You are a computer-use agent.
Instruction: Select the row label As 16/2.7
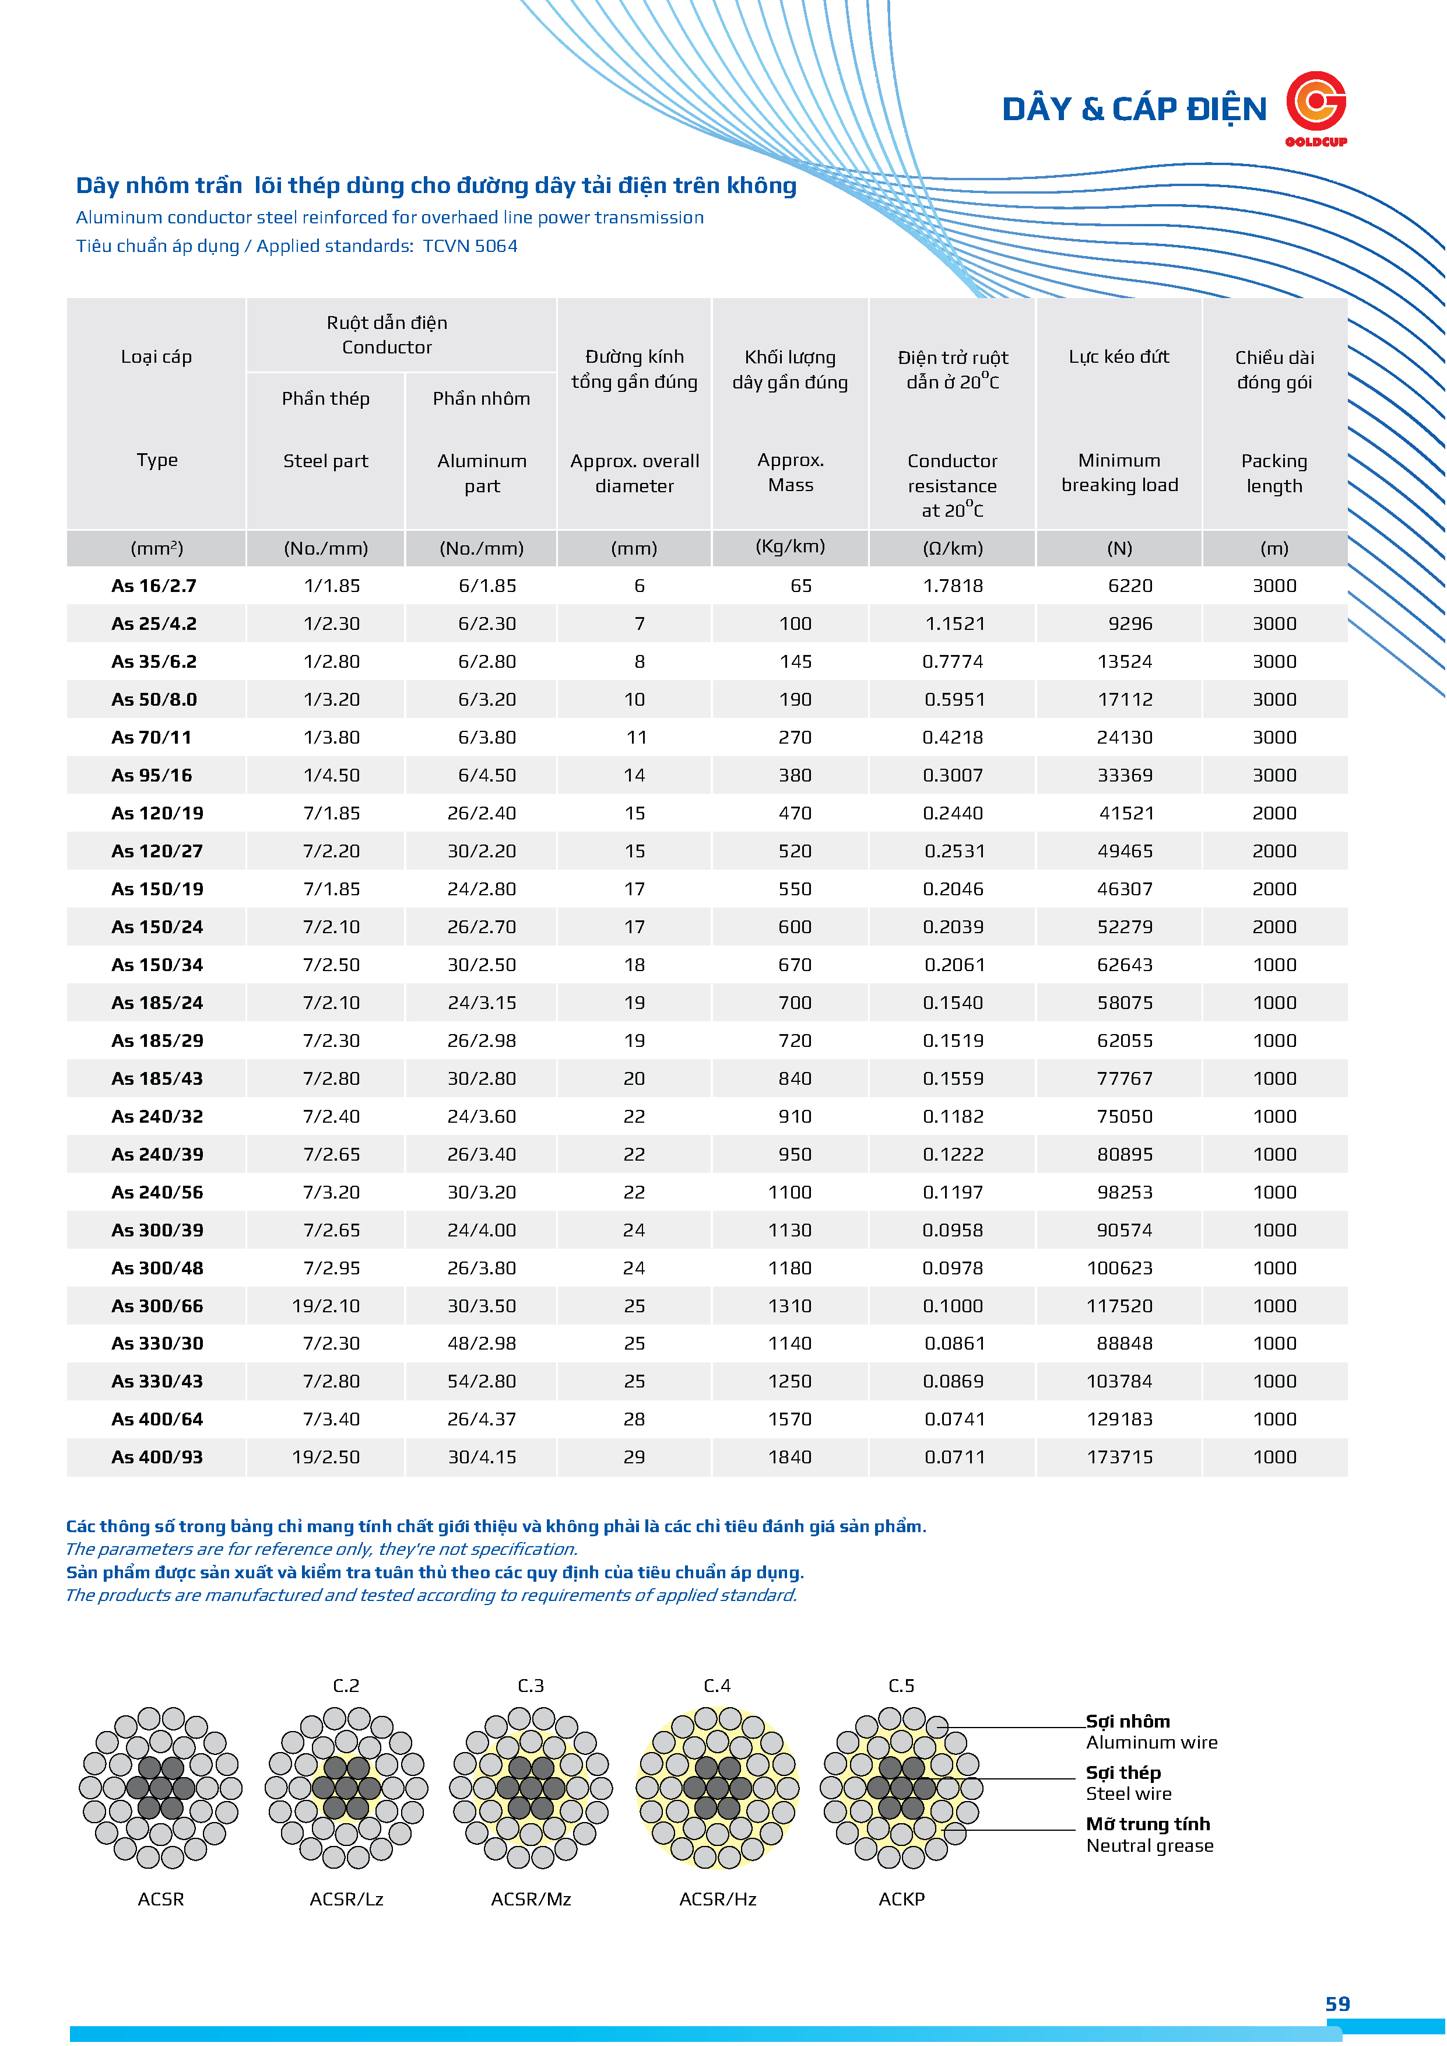click(x=153, y=586)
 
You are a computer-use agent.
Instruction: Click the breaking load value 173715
click(x=1119, y=1457)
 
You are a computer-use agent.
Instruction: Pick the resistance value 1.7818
click(x=953, y=586)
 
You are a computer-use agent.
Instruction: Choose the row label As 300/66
click(x=157, y=1305)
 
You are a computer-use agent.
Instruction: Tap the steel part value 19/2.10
click(x=325, y=1305)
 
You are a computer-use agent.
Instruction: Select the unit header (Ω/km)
click(x=953, y=548)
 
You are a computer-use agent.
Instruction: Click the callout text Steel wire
click(x=1128, y=1794)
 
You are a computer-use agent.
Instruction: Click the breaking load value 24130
click(x=1125, y=737)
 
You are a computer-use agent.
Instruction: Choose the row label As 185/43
click(x=157, y=1078)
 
